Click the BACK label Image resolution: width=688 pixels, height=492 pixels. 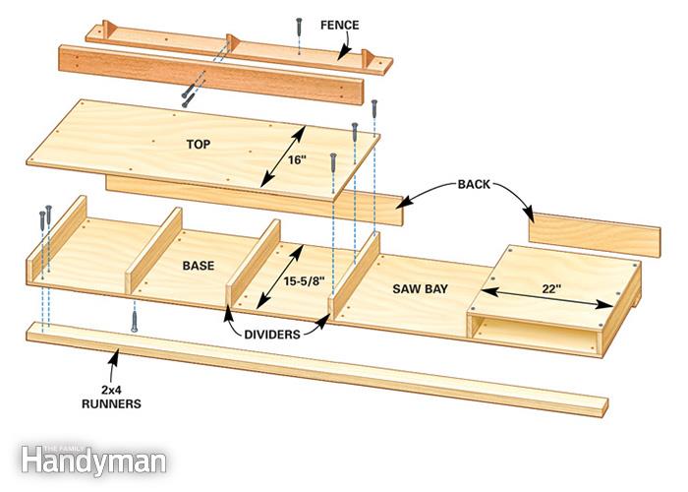click(x=476, y=185)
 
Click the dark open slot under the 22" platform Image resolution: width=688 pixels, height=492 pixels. click(x=531, y=333)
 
